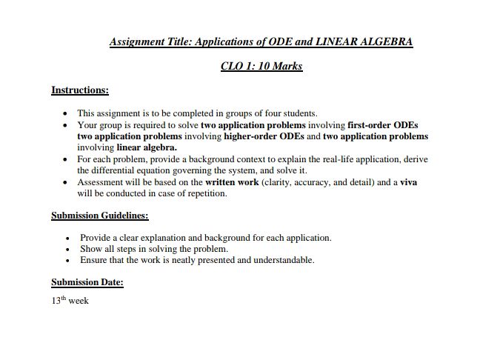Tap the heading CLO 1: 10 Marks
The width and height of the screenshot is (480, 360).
[261, 66]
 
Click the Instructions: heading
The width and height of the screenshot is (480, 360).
[80, 90]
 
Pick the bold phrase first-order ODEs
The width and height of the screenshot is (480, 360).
[387, 125]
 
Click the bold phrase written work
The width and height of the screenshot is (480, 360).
[232, 182]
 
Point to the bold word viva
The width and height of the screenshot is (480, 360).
[408, 182]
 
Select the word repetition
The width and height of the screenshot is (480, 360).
[205, 193]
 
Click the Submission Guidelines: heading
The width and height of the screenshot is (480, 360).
[99, 216]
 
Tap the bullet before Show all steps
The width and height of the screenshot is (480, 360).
[67, 250]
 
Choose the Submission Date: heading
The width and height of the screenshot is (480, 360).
[87, 282]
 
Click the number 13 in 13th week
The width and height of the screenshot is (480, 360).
[56, 301]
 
